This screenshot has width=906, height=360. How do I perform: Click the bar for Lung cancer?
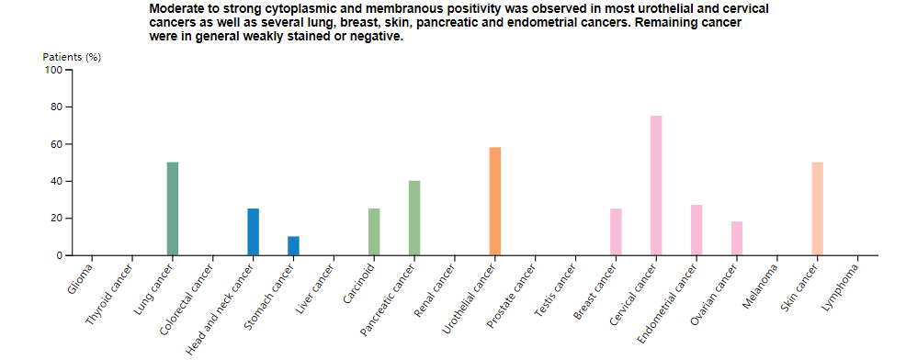pyautogui.click(x=173, y=208)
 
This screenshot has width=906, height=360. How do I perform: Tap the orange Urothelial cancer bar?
pyautogui.click(x=495, y=201)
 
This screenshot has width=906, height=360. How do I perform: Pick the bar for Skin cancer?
pyautogui.click(x=818, y=208)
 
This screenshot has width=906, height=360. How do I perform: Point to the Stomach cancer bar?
pyautogui.click(x=293, y=246)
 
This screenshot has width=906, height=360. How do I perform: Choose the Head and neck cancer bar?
pyautogui.click(x=253, y=231)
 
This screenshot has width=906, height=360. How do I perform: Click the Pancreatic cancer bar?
pyautogui.click(x=414, y=218)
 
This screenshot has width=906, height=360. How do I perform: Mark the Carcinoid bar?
pyautogui.click(x=374, y=231)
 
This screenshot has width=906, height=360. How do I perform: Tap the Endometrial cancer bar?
pyautogui.click(x=696, y=230)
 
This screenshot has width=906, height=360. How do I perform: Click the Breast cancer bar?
pyautogui.click(x=616, y=231)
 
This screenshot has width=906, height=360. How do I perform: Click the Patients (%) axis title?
pyautogui.click(x=72, y=57)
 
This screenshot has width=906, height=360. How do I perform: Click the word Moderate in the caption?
pyautogui.click(x=177, y=8)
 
